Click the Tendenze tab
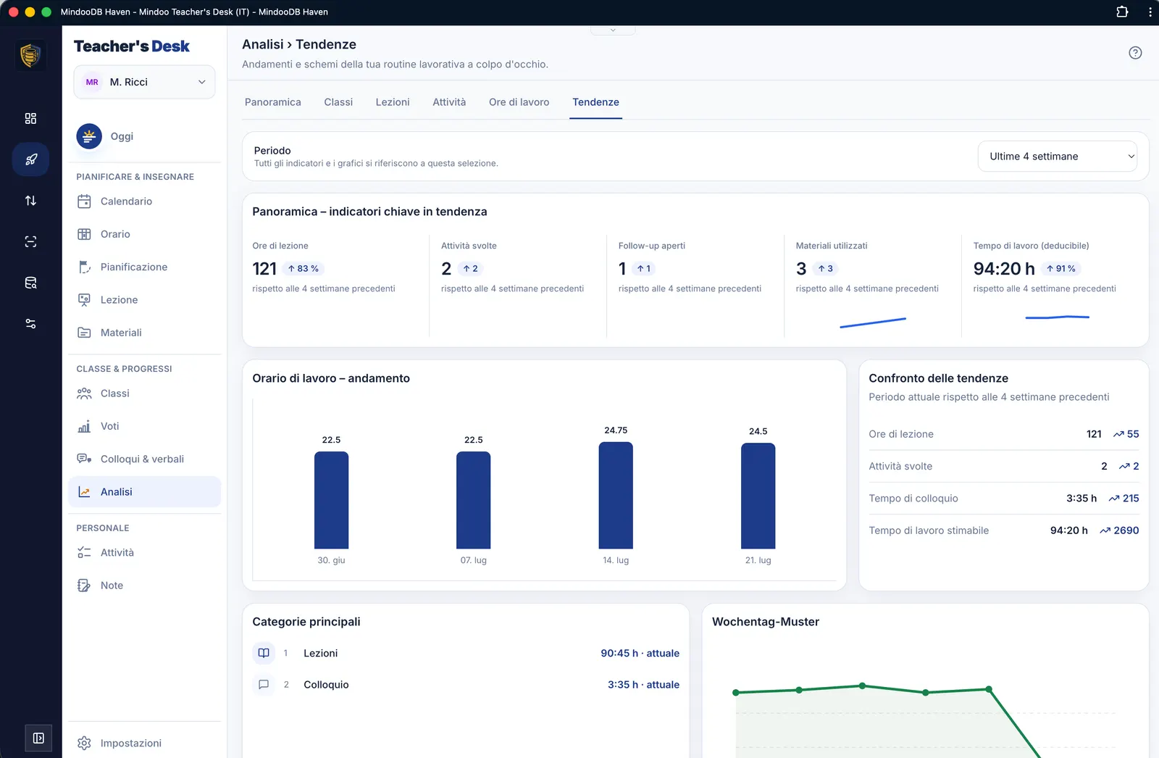(x=595, y=102)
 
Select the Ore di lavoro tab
(x=519, y=102)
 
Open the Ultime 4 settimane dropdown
(x=1057, y=157)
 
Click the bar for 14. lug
(x=616, y=495)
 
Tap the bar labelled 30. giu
(x=331, y=500)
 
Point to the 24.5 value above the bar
(x=758, y=431)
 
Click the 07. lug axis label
(x=474, y=560)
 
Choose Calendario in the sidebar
(x=126, y=201)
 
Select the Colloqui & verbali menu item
(x=142, y=459)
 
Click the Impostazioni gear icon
(x=84, y=743)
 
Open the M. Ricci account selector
(x=144, y=82)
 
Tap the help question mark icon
(x=1135, y=53)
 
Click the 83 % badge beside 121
(x=304, y=269)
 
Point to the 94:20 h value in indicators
(x=1004, y=269)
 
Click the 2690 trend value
(x=1126, y=530)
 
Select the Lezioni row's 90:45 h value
(x=619, y=654)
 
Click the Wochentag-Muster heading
(x=766, y=622)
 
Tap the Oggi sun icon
(x=89, y=136)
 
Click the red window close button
(x=14, y=12)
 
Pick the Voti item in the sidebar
(x=109, y=426)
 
